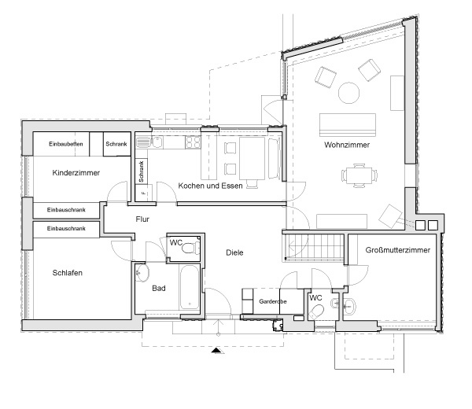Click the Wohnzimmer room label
pyautogui.click(x=347, y=145)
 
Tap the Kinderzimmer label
pyautogui.click(x=76, y=173)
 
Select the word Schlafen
pyautogui.click(x=67, y=273)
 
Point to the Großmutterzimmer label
pyautogui.click(x=397, y=250)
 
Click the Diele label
pyautogui.click(x=234, y=252)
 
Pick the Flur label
pyautogui.click(x=142, y=219)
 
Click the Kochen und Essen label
pyautogui.click(x=210, y=186)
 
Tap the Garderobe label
pyautogui.click(x=273, y=301)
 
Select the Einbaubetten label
pyautogui.click(x=65, y=144)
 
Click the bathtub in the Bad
pyautogui.click(x=190, y=287)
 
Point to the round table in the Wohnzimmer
pyautogui.click(x=348, y=93)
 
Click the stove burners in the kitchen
pyautogui.click(x=193, y=142)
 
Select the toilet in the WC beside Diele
pyautogui.click(x=190, y=249)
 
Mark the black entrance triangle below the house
pyautogui.click(x=217, y=350)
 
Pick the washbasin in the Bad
pyautogui.click(x=142, y=273)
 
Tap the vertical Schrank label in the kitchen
pyautogui.click(x=141, y=171)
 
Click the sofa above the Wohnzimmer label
pyautogui.click(x=348, y=124)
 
